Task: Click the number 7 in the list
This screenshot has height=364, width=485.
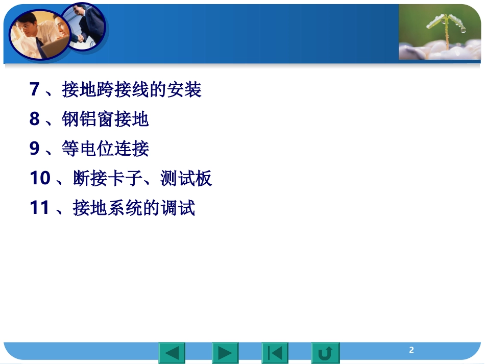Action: pos(34,89)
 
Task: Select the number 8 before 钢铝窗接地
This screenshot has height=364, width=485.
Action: pos(34,119)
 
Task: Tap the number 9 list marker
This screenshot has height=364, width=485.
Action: pos(34,149)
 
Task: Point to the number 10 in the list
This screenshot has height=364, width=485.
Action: pos(40,178)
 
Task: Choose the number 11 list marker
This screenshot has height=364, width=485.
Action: pos(40,208)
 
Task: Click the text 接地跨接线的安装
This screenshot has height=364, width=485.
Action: pos(132,89)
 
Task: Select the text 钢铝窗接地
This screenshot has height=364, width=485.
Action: pos(105,119)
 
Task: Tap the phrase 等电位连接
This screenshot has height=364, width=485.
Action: pos(105,149)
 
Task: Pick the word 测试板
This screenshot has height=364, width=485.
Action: pos(186,178)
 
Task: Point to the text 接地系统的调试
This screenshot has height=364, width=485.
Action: pos(134,208)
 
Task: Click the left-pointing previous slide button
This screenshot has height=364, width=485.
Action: pos(172,353)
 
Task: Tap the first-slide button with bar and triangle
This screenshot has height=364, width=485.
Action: pos(275,353)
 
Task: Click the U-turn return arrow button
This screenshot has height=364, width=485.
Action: pos(325,353)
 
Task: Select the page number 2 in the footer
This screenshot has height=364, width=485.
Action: pos(411,350)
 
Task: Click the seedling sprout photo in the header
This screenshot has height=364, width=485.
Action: pos(440,32)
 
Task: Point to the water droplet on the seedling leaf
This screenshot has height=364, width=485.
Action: pos(463,30)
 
